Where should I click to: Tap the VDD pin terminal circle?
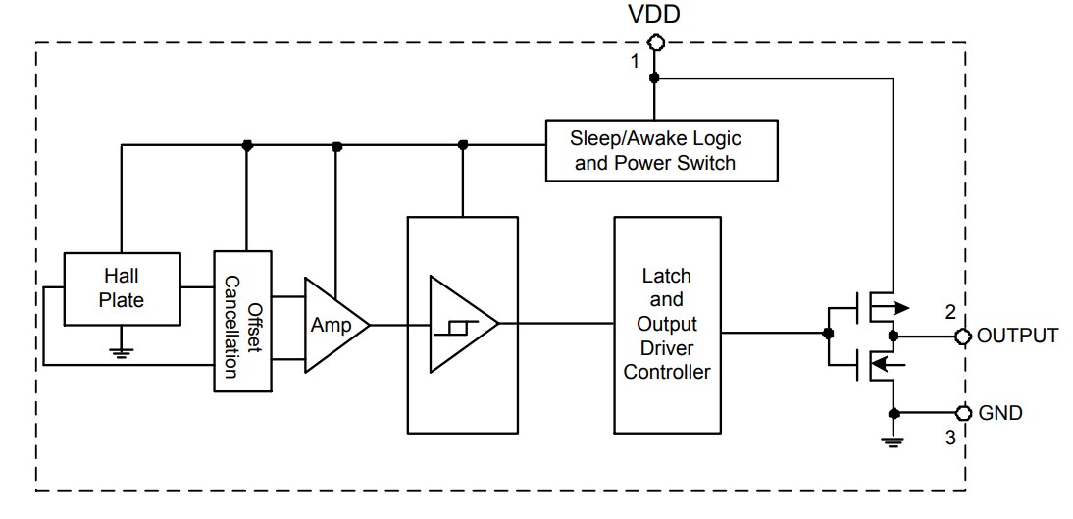[654, 42]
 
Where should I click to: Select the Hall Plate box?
[122, 287]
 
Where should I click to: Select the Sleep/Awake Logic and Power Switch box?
[662, 150]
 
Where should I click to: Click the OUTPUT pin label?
[1018, 336]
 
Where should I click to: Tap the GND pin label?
[1000, 413]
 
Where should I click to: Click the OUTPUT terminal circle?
[962, 337]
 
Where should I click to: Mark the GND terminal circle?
[962, 412]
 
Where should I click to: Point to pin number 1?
[635, 61]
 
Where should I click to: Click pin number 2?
[949, 313]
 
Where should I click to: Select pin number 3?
[949, 439]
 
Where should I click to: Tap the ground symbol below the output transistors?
[894, 441]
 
